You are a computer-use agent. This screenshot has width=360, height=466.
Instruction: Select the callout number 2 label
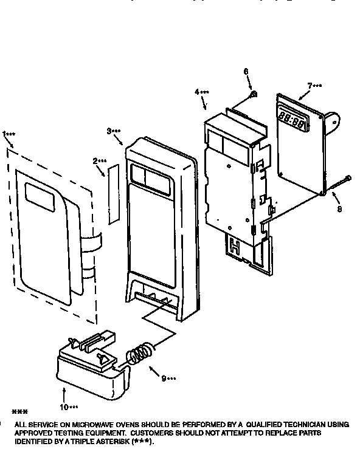95,161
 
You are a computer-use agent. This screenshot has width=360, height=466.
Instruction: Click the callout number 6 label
246,71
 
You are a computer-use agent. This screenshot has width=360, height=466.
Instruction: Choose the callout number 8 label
339,209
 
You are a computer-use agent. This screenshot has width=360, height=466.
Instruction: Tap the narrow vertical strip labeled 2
111,195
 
